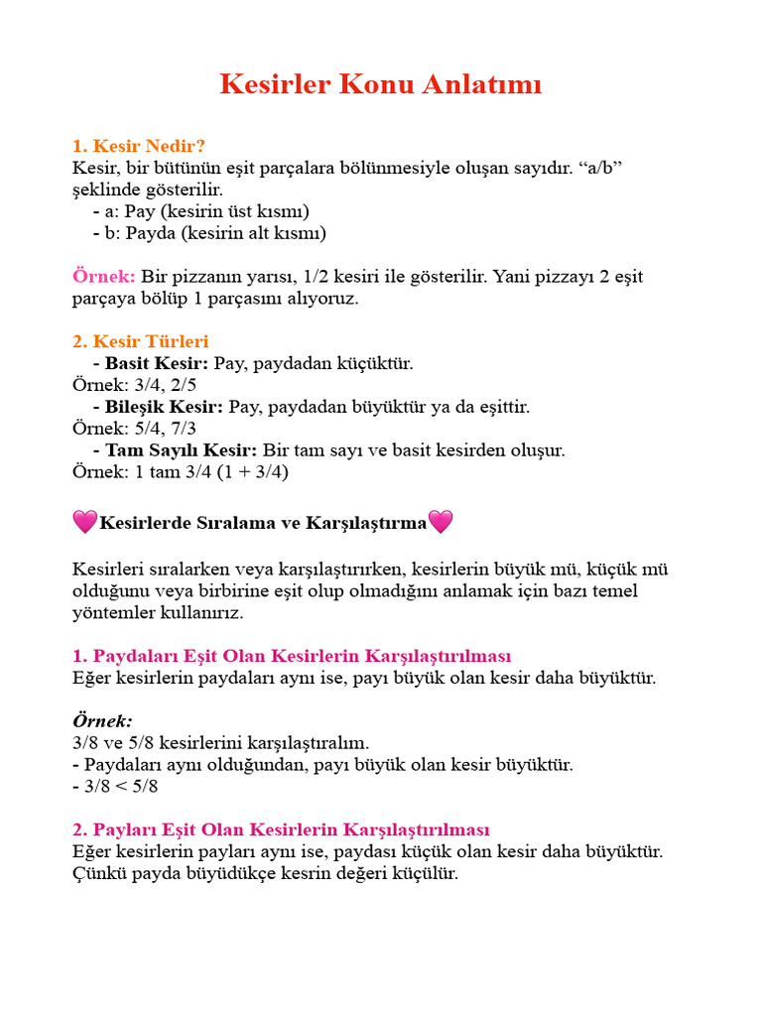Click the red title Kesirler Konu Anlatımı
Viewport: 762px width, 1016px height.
(x=381, y=85)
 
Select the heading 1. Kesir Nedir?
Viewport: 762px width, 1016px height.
(x=139, y=146)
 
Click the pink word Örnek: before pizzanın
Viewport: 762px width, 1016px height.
(x=104, y=276)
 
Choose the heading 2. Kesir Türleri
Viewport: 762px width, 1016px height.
(x=141, y=341)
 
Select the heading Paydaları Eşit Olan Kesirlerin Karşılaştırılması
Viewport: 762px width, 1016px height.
(x=292, y=657)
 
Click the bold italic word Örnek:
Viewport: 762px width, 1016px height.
(x=103, y=721)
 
